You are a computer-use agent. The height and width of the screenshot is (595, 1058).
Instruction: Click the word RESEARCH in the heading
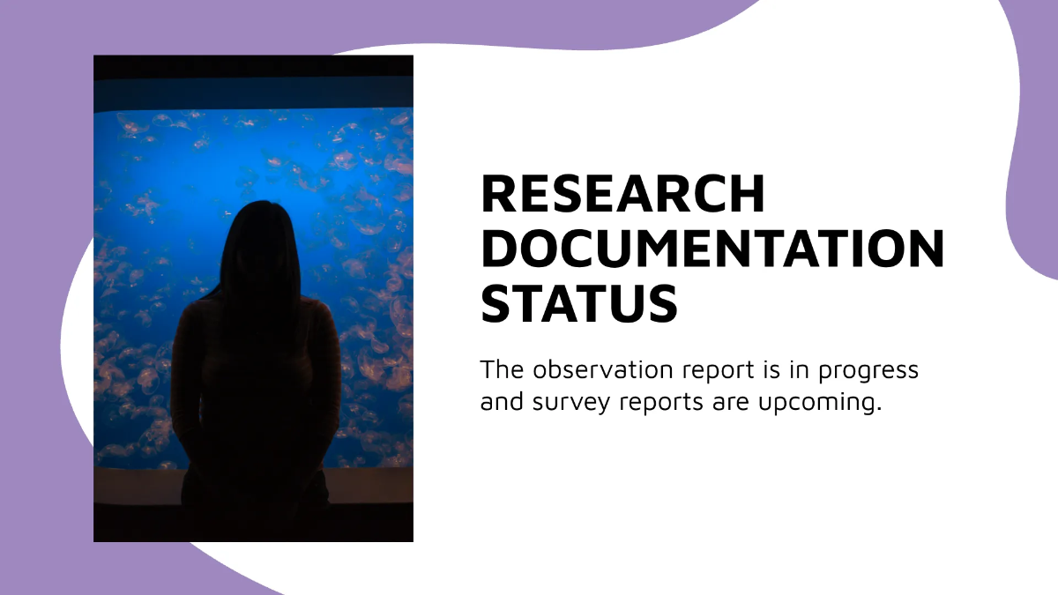pos(623,194)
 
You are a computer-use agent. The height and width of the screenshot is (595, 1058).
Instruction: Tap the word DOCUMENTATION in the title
pos(712,249)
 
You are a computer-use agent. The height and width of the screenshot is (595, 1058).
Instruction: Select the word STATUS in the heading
pos(579,302)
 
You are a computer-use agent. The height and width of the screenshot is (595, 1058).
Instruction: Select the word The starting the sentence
pos(500,369)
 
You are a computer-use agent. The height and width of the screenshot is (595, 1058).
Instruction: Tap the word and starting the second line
pos(500,403)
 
